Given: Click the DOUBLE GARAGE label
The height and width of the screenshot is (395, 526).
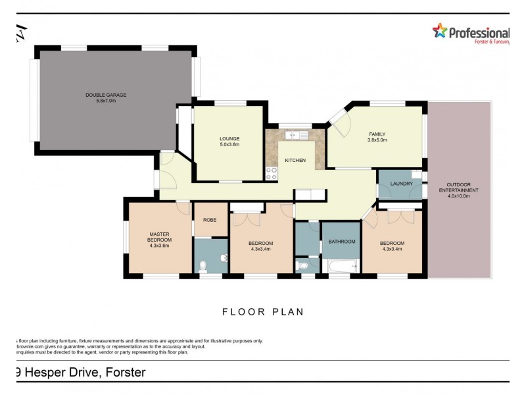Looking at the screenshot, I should click(x=105, y=95).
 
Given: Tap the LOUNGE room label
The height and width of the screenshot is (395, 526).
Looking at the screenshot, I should click(x=229, y=138).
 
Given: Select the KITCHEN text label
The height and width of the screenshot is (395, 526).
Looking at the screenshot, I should click(x=295, y=161).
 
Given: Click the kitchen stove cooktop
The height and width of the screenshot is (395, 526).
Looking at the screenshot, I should click(x=271, y=173).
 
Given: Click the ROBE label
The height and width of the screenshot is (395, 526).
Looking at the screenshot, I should click(x=210, y=220).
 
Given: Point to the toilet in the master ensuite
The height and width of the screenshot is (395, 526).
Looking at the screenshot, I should click(x=203, y=265).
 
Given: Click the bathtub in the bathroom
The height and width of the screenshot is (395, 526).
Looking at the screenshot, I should click(x=341, y=267).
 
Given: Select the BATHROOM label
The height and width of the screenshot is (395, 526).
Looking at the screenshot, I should click(x=341, y=242).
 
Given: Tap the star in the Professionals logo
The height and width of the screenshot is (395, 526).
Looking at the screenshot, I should click(x=439, y=31).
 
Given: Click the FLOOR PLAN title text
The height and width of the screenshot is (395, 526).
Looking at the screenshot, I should click(x=262, y=312).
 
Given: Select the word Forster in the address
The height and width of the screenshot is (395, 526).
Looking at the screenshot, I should click(x=122, y=373).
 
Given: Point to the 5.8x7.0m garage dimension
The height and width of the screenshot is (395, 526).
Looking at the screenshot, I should click(x=105, y=101).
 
